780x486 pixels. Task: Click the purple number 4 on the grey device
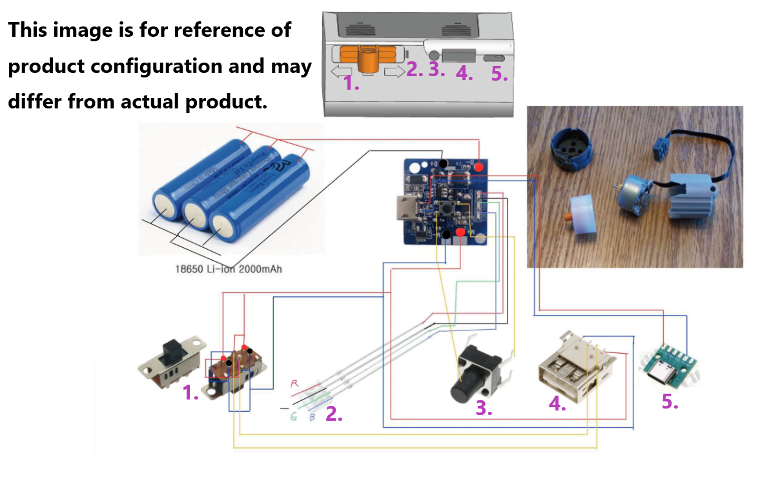point(464,73)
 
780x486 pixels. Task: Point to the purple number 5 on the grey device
point(499,74)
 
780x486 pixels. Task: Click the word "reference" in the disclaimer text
point(213,30)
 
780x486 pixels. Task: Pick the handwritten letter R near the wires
point(294,384)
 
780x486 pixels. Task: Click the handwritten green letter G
point(293,418)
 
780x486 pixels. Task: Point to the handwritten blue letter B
point(312,418)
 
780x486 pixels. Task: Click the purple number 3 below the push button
point(484,408)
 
